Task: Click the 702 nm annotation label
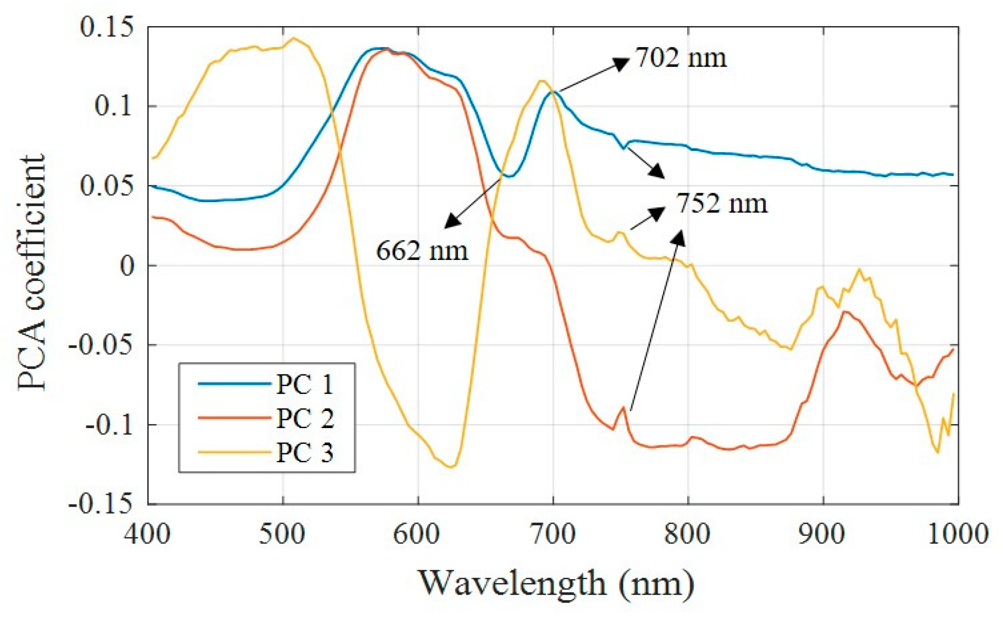coord(681,58)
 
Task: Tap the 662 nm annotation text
coord(422,250)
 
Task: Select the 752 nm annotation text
coord(722,204)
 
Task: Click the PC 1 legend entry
coord(304,385)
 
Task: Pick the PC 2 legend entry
coord(304,418)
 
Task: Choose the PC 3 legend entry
coord(304,452)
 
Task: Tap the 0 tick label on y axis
coord(127,266)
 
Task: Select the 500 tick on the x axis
coord(283,534)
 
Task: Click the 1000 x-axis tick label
coord(957,534)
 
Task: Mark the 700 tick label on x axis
coord(553,534)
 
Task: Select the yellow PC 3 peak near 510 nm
coord(293,38)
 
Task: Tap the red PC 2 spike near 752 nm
coord(623,407)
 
